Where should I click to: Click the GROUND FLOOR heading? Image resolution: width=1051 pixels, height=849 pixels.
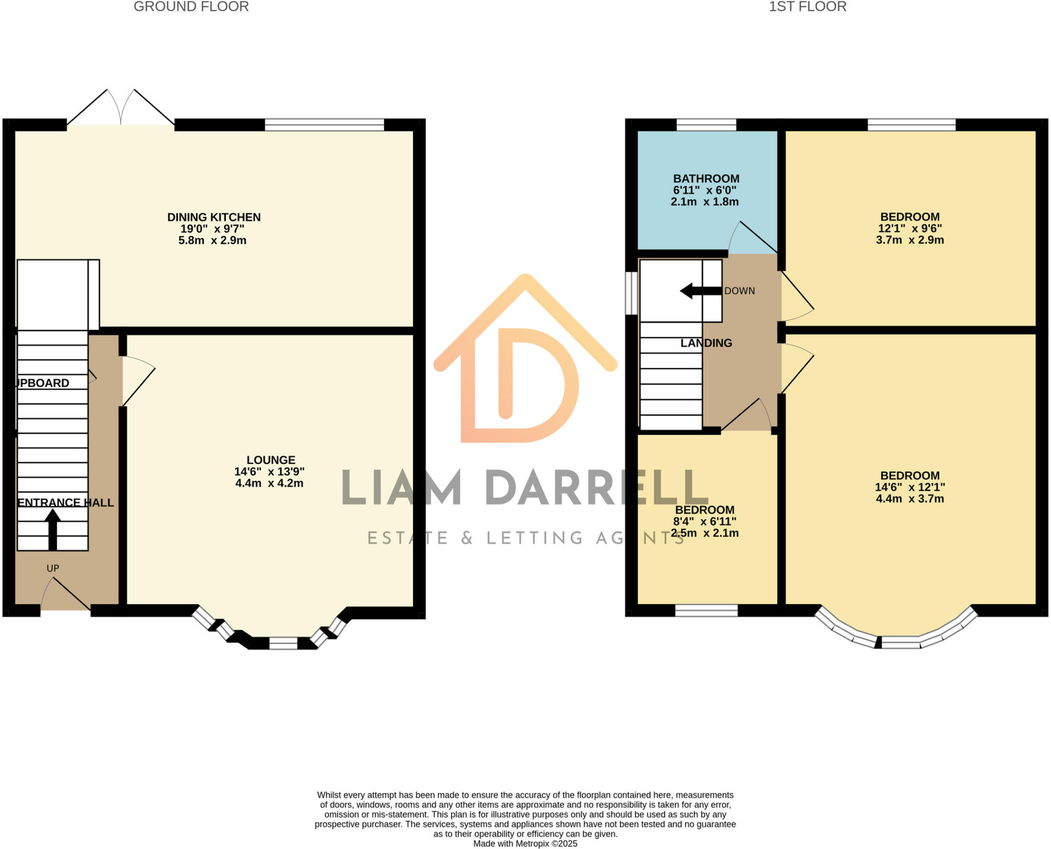(191, 7)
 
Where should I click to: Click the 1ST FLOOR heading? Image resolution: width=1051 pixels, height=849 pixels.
(807, 7)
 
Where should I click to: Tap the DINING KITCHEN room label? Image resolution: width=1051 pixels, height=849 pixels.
(213, 217)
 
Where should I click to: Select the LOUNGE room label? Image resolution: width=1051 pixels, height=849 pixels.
(271, 460)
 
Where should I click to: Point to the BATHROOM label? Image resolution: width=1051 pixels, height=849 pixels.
(706, 179)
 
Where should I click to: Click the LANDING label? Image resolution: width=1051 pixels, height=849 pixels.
(706, 343)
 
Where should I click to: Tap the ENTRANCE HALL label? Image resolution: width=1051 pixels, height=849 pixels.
(66, 503)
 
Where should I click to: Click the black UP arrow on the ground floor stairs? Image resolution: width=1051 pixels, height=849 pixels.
(52, 529)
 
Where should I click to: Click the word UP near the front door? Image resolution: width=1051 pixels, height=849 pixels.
(53, 568)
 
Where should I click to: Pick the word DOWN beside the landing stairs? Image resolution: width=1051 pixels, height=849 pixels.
(739, 291)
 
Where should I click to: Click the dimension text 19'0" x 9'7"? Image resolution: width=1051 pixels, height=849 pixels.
(212, 229)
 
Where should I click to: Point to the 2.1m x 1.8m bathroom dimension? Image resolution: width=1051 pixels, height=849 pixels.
(705, 202)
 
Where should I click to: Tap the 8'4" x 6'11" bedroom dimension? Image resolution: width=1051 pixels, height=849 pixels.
(705, 522)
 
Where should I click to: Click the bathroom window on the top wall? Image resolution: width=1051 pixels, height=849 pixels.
(706, 125)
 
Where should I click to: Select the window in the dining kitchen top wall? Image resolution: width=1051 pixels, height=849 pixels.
(324, 125)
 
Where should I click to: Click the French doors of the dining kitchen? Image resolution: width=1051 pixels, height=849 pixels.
(121, 110)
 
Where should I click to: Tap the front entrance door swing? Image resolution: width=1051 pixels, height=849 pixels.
(66, 595)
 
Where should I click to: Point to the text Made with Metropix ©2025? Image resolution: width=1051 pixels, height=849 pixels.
(525, 843)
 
